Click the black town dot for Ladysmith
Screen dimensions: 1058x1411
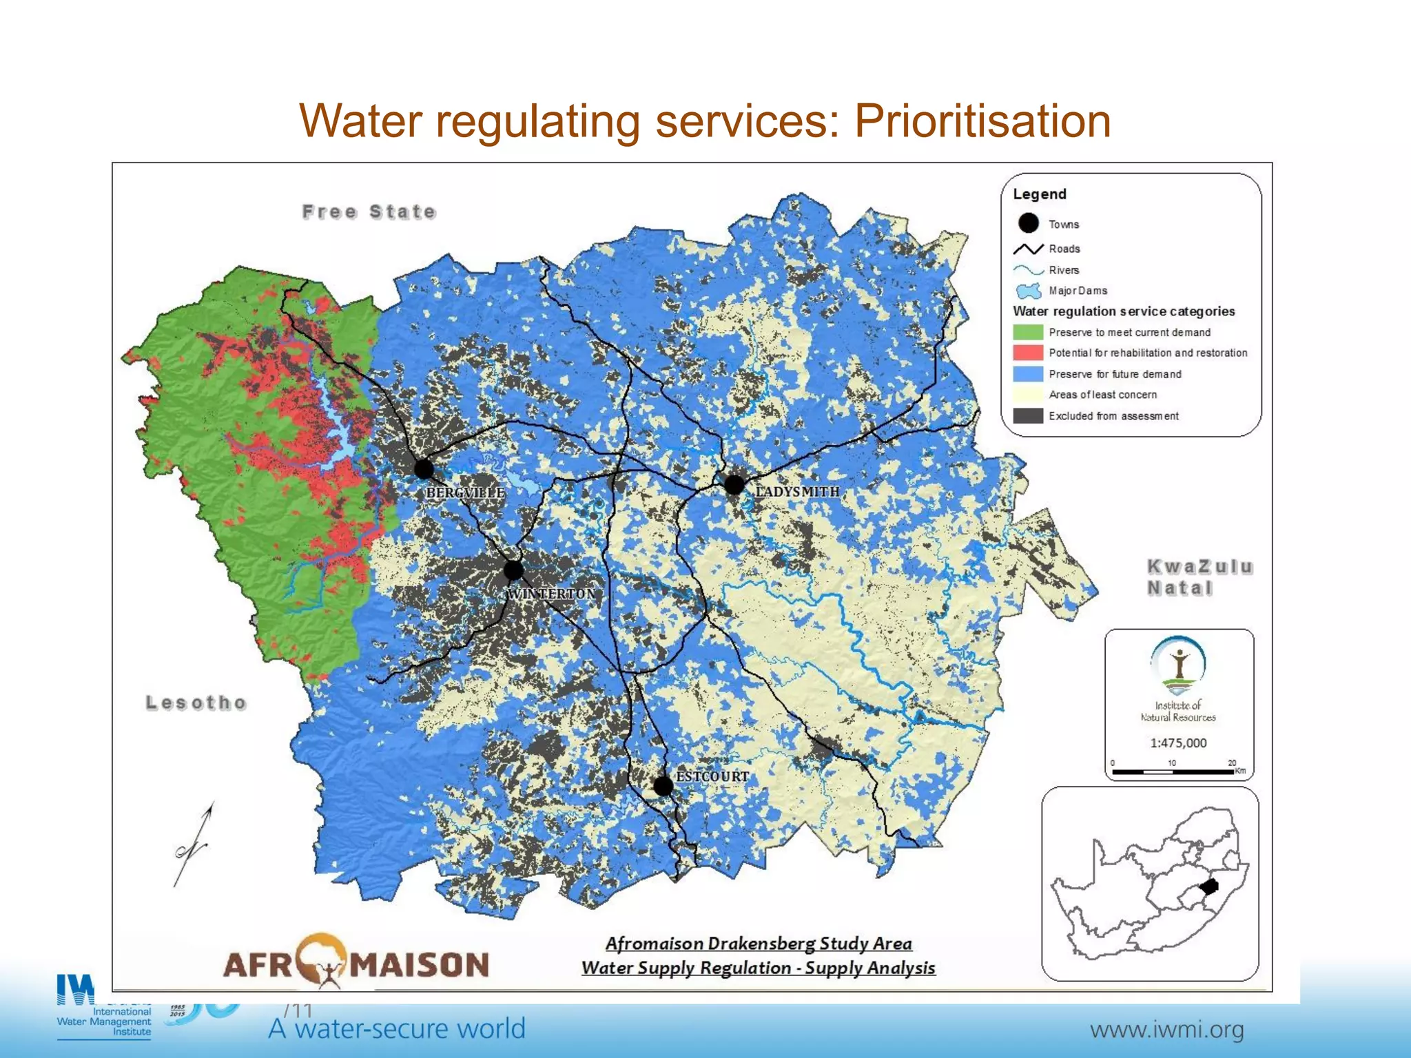tap(734, 485)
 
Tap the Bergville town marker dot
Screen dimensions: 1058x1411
tap(424, 470)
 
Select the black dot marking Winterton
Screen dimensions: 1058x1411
tap(513, 570)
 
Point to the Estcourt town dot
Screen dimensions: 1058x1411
tap(663, 785)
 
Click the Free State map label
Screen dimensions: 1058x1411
tap(369, 211)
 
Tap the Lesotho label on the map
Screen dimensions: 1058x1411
tap(196, 703)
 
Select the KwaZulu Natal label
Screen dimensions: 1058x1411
tap(1199, 577)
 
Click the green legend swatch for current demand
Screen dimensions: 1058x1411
tap(1027, 332)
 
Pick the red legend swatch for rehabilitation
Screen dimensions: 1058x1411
tap(1027, 353)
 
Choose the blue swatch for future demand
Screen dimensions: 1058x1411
tap(1027, 374)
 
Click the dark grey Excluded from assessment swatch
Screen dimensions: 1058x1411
tap(1027, 416)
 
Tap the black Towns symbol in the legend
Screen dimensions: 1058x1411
tap(1028, 223)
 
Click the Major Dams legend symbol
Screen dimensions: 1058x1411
tap(1028, 291)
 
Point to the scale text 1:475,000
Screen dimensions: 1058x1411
tap(1178, 743)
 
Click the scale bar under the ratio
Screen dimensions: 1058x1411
tap(1173, 772)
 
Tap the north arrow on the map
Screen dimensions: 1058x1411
tap(194, 844)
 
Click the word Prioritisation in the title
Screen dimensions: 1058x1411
tap(982, 121)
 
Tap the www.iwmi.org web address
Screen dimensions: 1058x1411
tap(1166, 1030)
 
